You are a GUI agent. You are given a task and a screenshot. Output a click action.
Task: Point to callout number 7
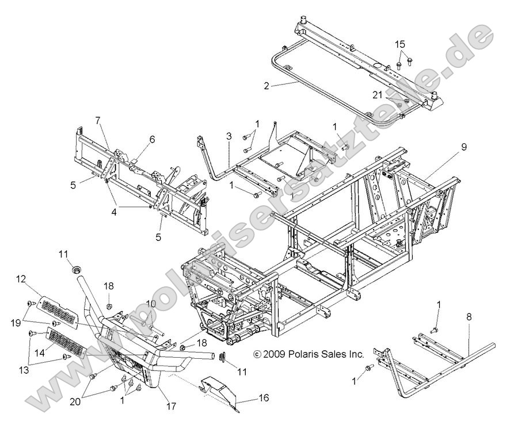[x=97, y=120]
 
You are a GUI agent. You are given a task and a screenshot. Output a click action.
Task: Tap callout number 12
[x=21, y=279]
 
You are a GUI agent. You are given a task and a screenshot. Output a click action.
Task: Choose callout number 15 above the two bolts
[x=400, y=44]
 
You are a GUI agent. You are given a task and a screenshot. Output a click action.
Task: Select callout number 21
[x=377, y=94]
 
